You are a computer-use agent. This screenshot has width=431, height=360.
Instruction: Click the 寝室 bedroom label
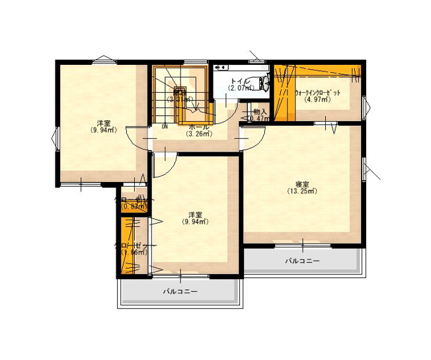(x=302, y=184)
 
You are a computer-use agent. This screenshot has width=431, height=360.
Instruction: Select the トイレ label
(x=239, y=81)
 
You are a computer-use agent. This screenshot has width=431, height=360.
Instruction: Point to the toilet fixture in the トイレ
(x=264, y=83)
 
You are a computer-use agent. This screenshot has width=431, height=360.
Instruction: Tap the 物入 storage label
(x=260, y=112)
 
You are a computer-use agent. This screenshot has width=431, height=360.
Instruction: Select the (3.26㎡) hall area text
(x=198, y=134)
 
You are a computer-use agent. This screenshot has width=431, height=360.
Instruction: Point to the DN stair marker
(x=165, y=126)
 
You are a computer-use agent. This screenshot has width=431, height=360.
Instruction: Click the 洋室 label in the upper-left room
(x=104, y=123)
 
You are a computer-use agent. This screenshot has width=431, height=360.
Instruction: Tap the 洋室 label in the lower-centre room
(x=195, y=215)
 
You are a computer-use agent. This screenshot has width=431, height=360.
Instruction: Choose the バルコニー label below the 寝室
(x=302, y=261)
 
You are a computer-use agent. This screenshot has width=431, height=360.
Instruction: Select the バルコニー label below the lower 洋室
(x=180, y=291)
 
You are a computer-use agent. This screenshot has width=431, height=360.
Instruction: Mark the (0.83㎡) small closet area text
(x=134, y=206)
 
